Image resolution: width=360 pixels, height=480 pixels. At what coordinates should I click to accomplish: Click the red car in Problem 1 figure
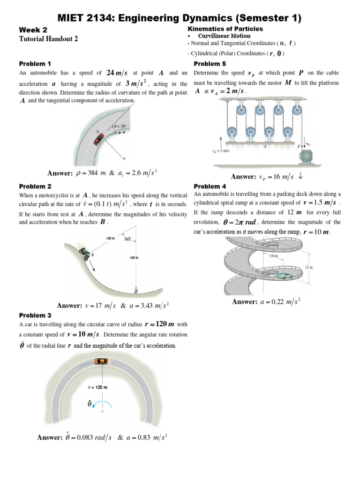(x=98, y=139)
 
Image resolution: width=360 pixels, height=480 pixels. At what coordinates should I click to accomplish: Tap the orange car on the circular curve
(x=100, y=361)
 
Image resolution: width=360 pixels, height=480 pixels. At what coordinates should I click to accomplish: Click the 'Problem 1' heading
(x=35, y=63)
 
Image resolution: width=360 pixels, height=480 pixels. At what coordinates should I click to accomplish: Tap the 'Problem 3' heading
(x=35, y=315)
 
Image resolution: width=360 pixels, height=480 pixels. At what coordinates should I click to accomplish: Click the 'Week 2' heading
(x=33, y=30)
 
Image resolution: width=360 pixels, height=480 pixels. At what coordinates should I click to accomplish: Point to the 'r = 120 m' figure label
(x=98, y=388)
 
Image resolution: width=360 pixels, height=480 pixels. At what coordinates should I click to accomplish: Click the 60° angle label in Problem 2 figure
(x=128, y=239)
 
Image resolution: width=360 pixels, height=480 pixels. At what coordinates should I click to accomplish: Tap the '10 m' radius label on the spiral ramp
(x=274, y=256)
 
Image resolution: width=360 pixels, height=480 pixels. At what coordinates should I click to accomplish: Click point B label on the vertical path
(x=135, y=291)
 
